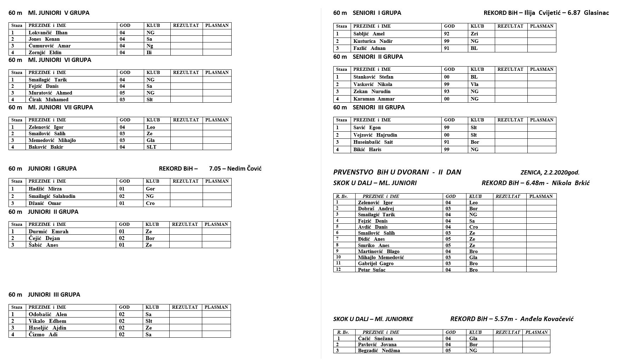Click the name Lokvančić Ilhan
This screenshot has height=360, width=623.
click(48, 33)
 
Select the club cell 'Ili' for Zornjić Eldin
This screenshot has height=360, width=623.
click(149, 52)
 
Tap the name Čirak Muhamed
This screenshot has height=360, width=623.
click(49, 99)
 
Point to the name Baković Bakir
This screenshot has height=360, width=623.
click(46, 147)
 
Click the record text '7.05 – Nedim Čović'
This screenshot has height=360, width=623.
click(235, 168)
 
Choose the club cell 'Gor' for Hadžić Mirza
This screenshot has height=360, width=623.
click(151, 189)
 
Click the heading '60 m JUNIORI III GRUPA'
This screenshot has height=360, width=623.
click(44, 295)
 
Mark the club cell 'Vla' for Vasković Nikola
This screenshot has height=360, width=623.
click(475, 84)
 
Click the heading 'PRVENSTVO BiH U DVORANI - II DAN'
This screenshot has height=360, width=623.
click(397, 172)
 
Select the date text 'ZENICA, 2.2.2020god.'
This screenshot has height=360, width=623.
click(550, 173)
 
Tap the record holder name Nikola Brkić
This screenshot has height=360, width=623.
click(571, 183)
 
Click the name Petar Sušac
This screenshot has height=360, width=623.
click(372, 270)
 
